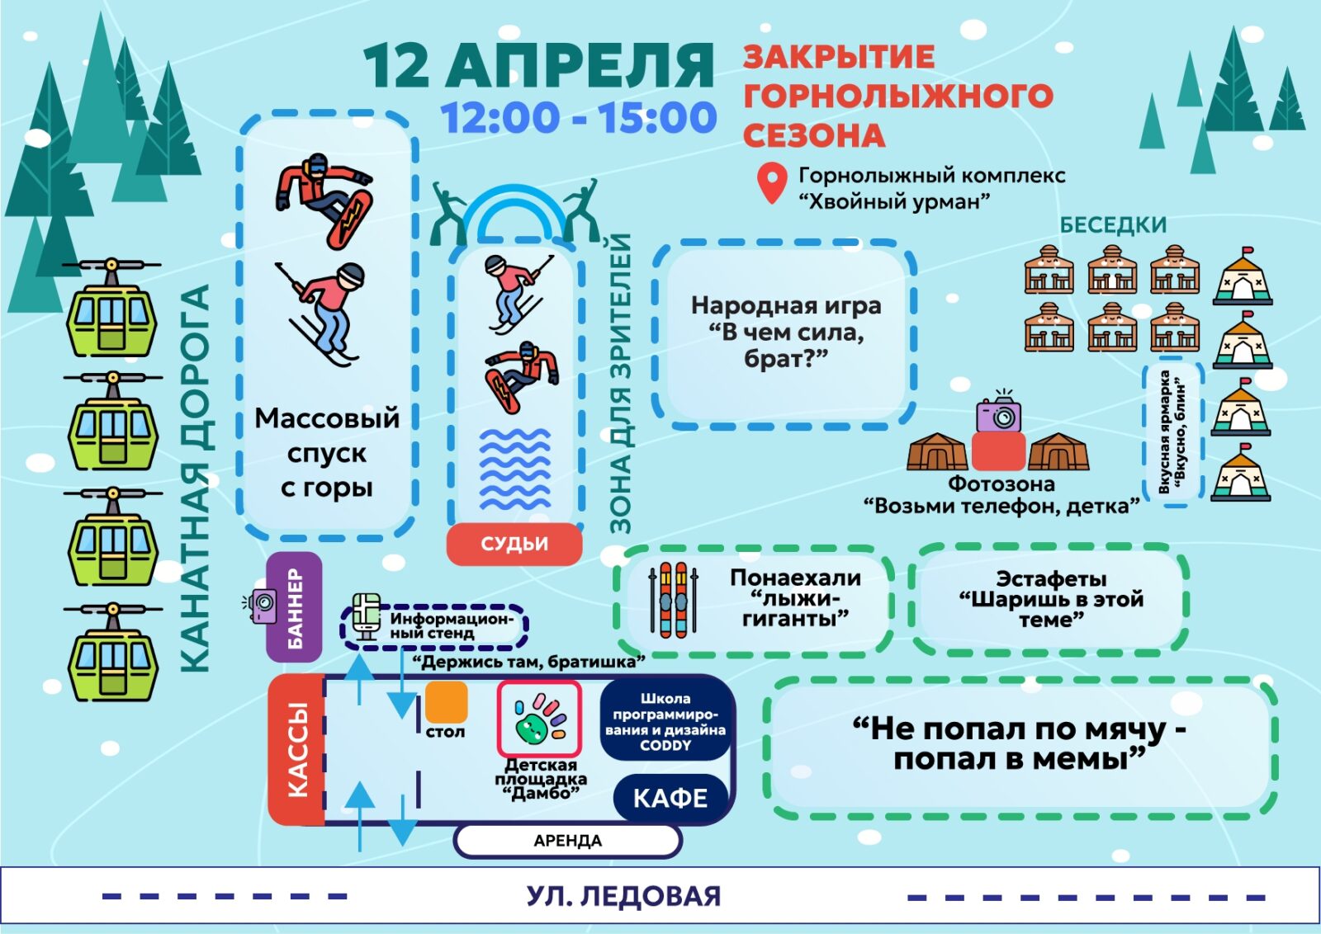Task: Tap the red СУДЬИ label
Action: click(x=514, y=544)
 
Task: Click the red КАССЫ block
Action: click(x=296, y=749)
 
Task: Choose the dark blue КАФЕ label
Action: click(x=670, y=798)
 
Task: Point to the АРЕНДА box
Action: click(x=567, y=841)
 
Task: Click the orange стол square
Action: click(x=446, y=701)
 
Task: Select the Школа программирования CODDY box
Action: click(x=665, y=721)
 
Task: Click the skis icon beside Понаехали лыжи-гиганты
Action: click(x=673, y=600)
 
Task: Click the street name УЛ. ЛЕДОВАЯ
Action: click(x=623, y=896)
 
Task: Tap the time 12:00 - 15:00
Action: click(x=578, y=118)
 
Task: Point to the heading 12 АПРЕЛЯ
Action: click(x=538, y=65)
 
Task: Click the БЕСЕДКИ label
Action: click(x=1113, y=224)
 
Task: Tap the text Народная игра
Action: click(x=785, y=306)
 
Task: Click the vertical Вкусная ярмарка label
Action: click(x=1172, y=432)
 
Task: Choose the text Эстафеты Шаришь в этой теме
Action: click(x=1050, y=599)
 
